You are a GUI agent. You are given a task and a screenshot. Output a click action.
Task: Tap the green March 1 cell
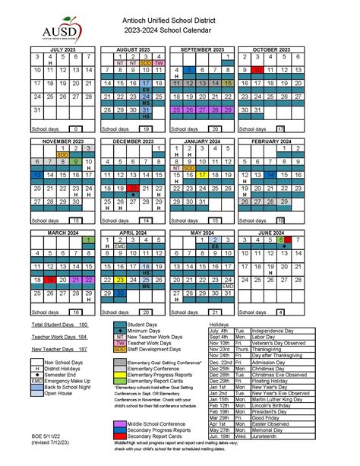point(89,240)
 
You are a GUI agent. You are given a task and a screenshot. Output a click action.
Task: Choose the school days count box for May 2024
point(216,312)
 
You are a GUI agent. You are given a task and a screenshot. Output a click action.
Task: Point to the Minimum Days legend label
point(145,331)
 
